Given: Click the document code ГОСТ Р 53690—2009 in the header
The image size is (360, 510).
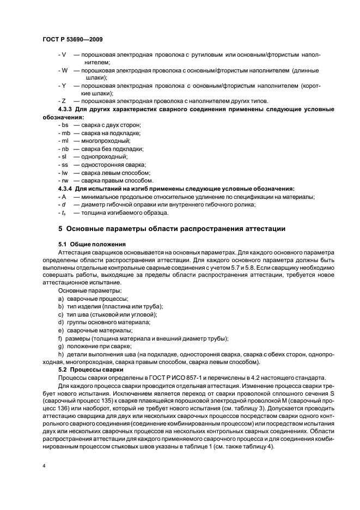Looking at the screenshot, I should tap(72, 40).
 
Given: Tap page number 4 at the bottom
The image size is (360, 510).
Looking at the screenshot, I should tap(44, 466).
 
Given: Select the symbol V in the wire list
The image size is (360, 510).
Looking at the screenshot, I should tap(64, 54).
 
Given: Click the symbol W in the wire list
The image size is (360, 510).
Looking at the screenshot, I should tap(64, 70).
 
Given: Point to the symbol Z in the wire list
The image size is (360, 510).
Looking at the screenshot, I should tap(64, 101).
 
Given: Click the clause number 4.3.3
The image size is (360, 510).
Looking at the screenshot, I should tap(65, 110).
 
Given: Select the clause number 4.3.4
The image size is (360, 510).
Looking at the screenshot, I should tap(65, 189).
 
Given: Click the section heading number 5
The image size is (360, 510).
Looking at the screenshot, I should tap(60, 229).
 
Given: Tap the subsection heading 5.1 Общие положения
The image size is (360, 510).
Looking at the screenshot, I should tap(91, 244).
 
